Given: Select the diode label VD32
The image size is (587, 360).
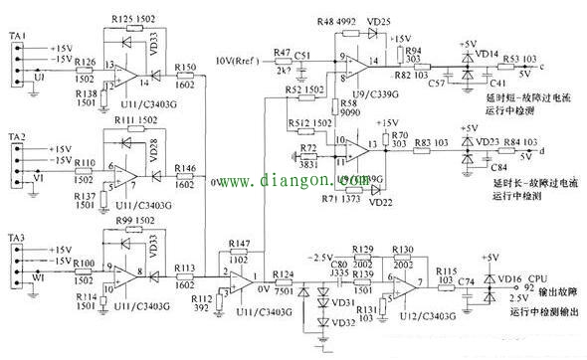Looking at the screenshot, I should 343,322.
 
